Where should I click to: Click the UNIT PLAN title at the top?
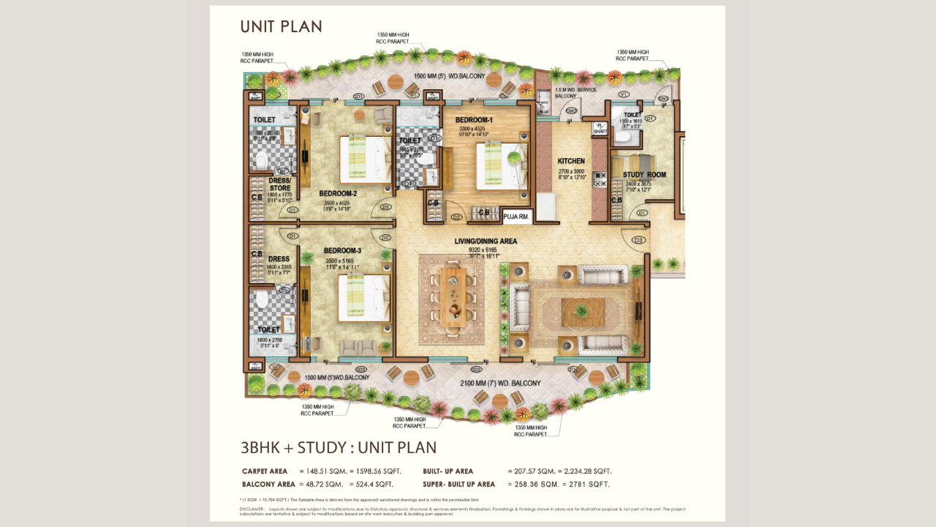[281, 27]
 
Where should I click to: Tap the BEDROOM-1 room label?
[474, 120]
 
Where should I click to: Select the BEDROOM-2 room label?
[338, 194]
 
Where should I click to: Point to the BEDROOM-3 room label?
[343, 251]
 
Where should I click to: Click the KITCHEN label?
[571, 161]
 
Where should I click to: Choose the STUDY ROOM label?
[644, 175]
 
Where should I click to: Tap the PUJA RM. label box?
[517, 216]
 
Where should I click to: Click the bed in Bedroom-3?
[363, 297]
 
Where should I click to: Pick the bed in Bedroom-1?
[501, 165]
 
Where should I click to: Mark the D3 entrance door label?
[638, 240]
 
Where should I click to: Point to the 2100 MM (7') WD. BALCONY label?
[500, 384]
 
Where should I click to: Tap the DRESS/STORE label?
[280, 184]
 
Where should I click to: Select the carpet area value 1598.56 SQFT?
[371, 471]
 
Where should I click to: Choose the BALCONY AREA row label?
[268, 485]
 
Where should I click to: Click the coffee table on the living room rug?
[583, 313]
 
